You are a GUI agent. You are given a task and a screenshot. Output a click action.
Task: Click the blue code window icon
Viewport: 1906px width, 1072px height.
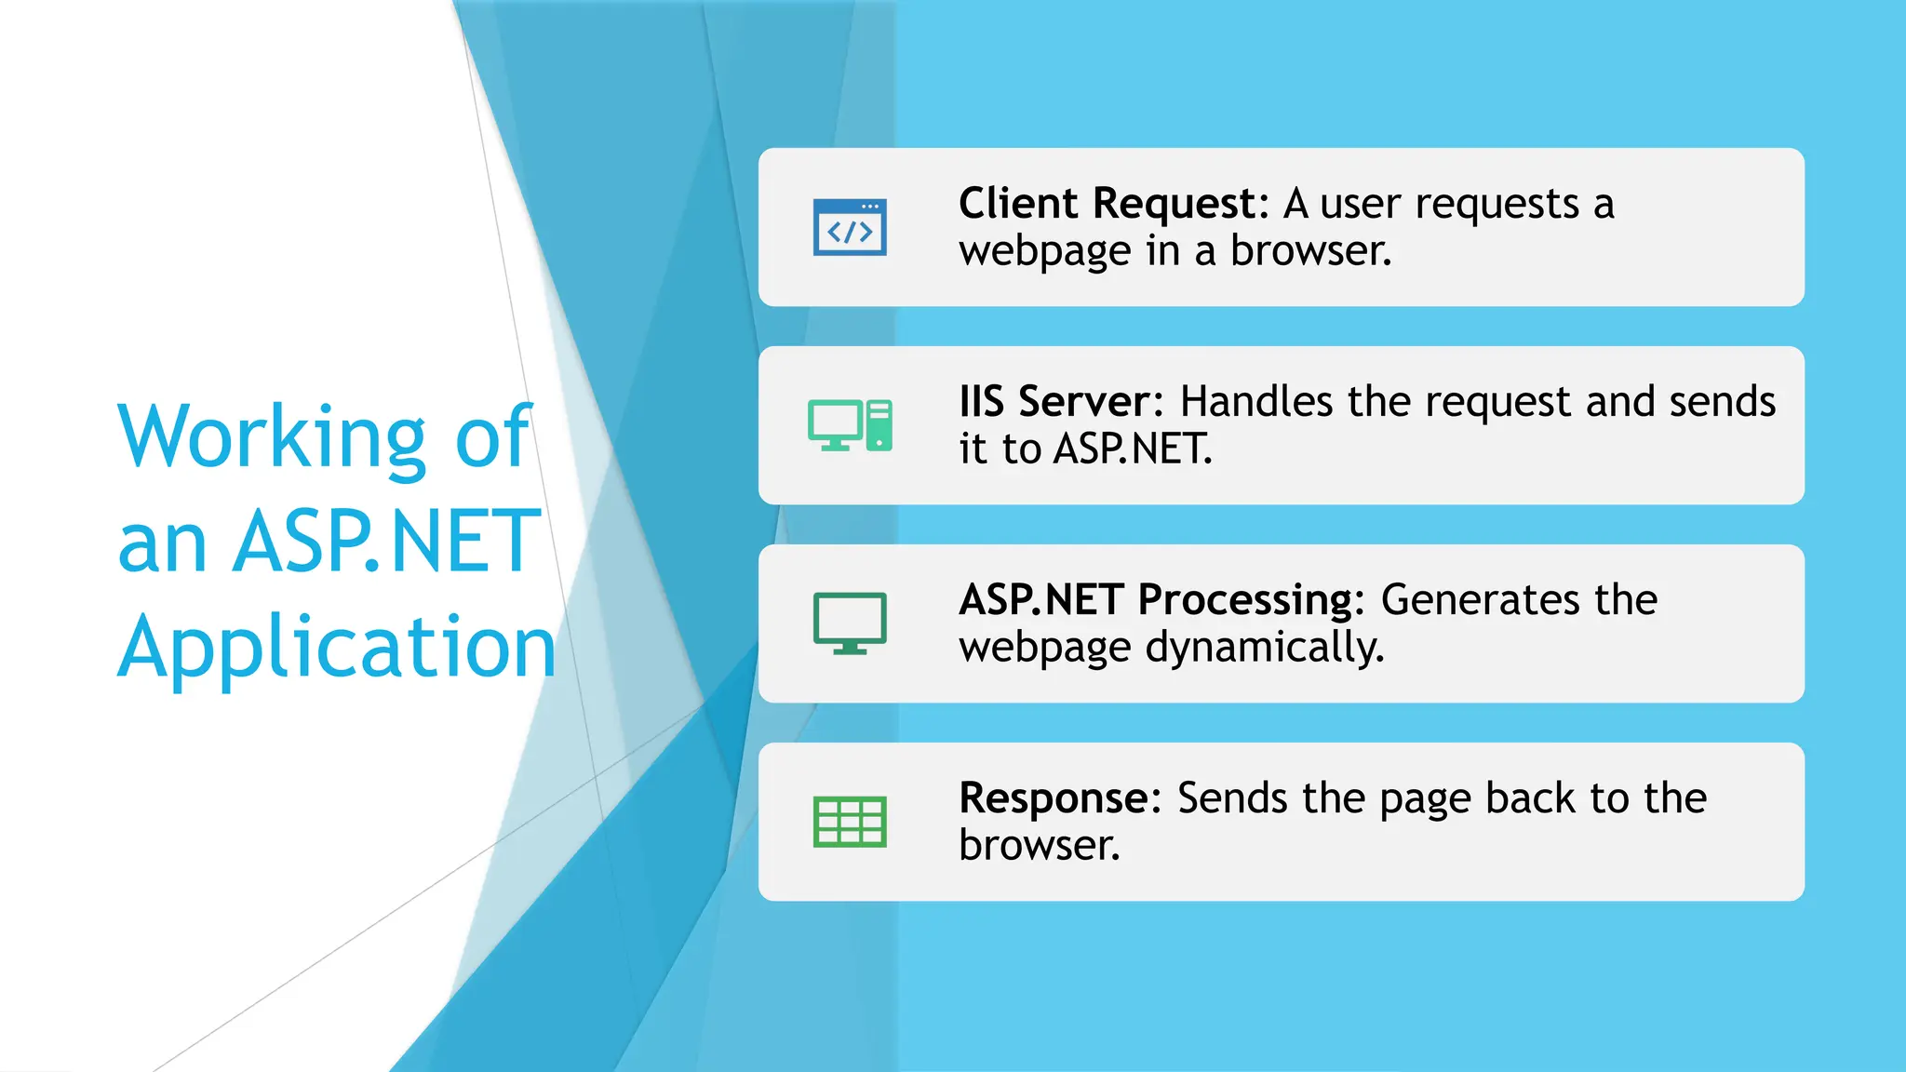coord(850,227)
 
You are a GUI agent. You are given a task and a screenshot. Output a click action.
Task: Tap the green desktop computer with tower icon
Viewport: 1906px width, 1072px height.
coord(850,425)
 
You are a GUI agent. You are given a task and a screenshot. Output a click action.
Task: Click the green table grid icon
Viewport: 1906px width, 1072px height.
coord(850,822)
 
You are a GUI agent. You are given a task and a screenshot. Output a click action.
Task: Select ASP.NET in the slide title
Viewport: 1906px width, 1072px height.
coord(386,542)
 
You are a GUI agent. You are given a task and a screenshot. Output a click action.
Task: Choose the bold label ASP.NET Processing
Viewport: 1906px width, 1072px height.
coord(1155,600)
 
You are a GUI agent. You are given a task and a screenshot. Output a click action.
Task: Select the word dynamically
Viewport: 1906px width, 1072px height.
coord(1265,648)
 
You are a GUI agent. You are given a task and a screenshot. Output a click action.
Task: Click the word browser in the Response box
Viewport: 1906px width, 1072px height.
coord(1039,846)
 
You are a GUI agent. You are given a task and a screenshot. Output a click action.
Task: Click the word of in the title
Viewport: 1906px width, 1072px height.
coord(493,437)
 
